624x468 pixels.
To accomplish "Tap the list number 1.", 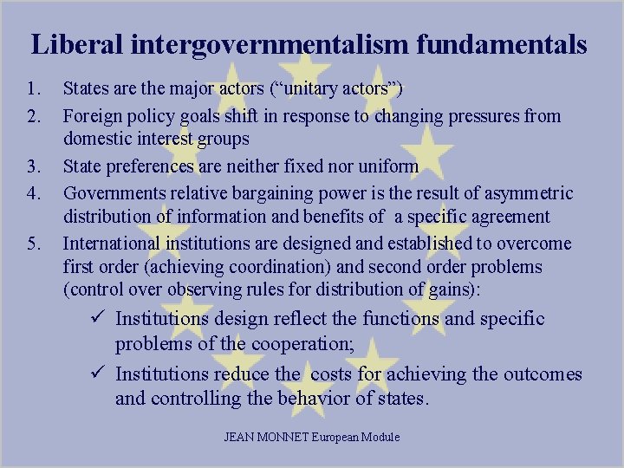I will pos(34,89).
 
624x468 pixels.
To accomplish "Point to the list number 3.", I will pos(34,166).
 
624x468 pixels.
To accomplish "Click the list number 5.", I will pos(34,244).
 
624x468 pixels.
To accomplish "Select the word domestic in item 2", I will pos(96,140).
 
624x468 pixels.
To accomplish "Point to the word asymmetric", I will pos(527,192).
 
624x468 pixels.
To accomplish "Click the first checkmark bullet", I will pos(99,318).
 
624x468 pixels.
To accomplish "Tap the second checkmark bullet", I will pos(99,374).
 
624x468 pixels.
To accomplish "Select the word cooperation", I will pos(300,344).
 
